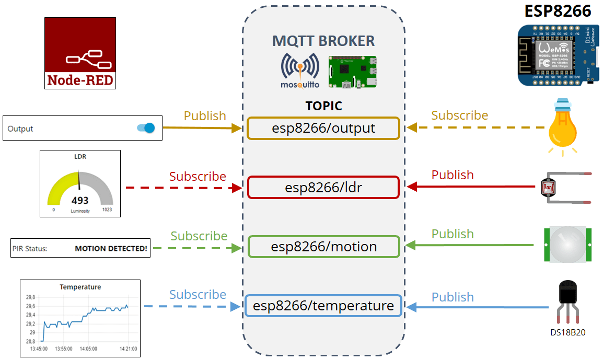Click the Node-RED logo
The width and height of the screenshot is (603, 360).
[80, 53]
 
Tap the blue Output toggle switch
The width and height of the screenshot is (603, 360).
[146, 128]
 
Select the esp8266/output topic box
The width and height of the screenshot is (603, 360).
[323, 129]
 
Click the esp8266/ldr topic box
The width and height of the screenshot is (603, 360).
[323, 188]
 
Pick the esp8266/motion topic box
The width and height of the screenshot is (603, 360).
[323, 247]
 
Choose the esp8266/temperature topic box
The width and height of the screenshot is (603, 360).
[323, 306]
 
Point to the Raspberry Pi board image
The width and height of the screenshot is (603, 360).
[352, 71]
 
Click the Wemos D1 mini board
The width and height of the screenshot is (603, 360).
[557, 55]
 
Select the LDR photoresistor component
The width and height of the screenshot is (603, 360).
[549, 188]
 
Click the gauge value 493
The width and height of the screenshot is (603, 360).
[80, 201]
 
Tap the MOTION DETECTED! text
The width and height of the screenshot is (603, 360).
[111, 249]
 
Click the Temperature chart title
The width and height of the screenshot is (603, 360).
[80, 287]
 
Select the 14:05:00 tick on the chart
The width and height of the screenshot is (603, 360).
[88, 349]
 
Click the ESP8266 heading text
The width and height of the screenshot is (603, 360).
[558, 11]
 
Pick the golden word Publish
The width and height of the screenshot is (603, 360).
[205, 115]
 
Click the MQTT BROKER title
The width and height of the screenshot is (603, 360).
[323, 41]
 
